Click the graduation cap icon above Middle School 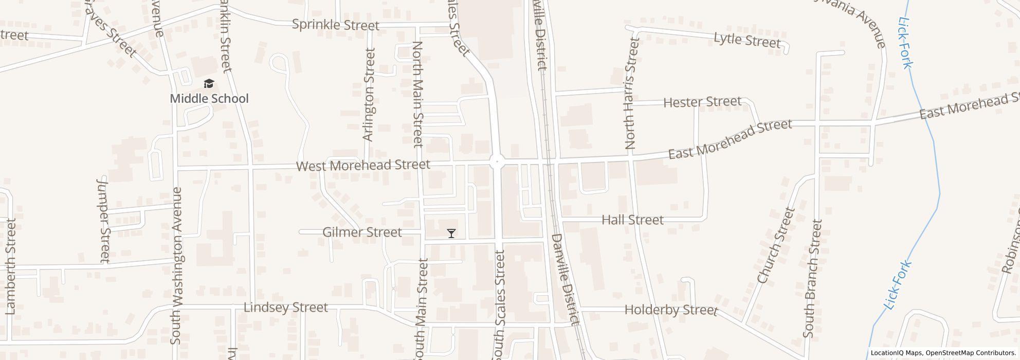click(209, 84)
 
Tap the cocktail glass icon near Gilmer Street click(451, 233)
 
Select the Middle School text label click(209, 98)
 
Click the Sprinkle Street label click(335, 25)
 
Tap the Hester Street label click(702, 102)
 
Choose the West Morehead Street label click(363, 165)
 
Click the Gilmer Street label click(362, 232)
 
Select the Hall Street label click(632, 220)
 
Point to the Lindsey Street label click(285, 308)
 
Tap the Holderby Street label click(670, 310)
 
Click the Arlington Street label click(368, 95)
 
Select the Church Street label click(776, 245)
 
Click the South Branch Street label click(813, 278)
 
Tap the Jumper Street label click(104, 220)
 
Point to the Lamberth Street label click(11, 266)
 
